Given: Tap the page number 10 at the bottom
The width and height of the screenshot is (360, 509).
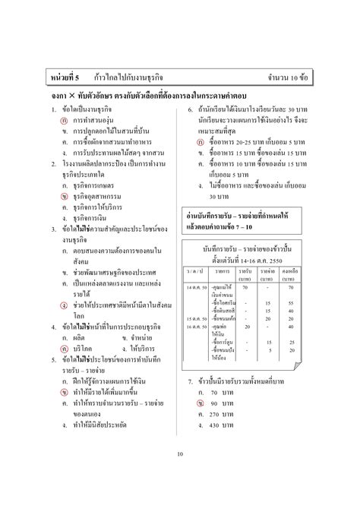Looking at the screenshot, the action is point(179,454).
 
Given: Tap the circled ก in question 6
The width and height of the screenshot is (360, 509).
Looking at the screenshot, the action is point(202,142).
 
